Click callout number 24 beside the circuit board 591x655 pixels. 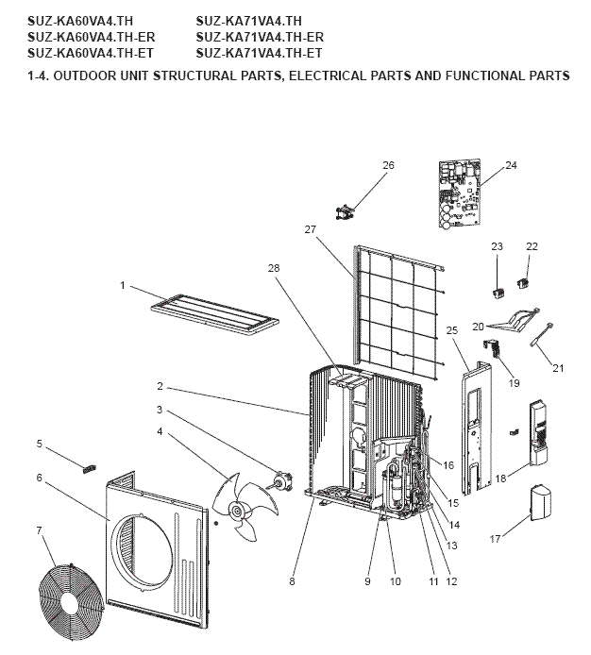click(x=511, y=165)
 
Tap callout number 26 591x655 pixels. click(x=388, y=165)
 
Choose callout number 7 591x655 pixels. click(x=40, y=530)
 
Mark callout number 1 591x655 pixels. click(x=123, y=284)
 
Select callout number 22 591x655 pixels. click(x=532, y=245)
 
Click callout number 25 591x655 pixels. click(x=451, y=329)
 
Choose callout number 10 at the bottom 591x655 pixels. click(x=395, y=581)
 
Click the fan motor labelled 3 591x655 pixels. click(x=280, y=484)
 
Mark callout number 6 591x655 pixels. click(x=40, y=478)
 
